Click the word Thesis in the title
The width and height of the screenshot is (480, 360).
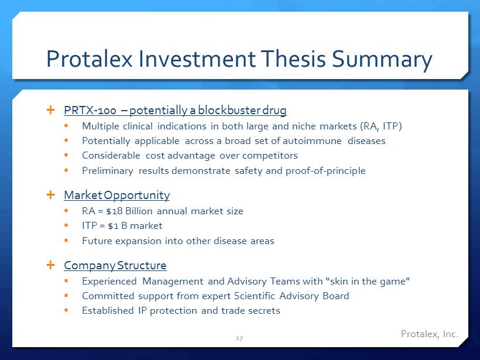(x=293, y=59)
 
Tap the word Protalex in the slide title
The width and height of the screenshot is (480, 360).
(x=90, y=59)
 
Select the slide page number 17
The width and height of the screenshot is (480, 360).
(x=239, y=338)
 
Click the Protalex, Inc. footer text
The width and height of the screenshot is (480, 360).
(x=430, y=334)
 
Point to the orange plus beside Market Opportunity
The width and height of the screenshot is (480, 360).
(x=50, y=195)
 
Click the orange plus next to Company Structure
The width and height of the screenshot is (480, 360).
(x=50, y=265)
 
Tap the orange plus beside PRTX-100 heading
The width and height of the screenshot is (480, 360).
(x=50, y=109)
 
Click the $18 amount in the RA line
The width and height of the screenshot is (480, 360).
(x=115, y=211)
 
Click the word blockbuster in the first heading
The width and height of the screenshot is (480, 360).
(x=229, y=110)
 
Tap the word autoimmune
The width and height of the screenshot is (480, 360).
(x=312, y=141)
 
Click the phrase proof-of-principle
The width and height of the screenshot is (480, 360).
(x=325, y=171)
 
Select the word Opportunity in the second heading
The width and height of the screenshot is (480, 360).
(x=136, y=196)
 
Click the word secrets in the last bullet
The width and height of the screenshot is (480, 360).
(x=264, y=311)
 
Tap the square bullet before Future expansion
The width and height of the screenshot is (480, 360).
(x=66, y=241)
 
